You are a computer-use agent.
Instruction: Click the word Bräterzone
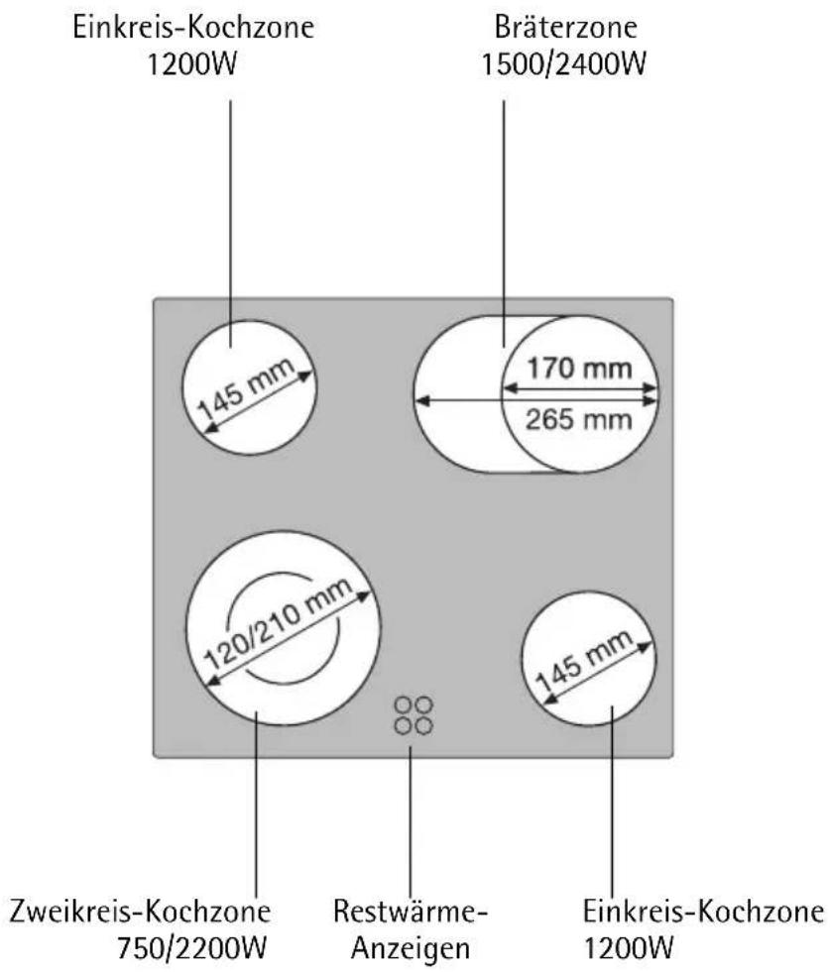pos(565,28)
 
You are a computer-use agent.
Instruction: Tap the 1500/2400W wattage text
pos(564,63)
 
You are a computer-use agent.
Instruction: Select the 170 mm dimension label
pos(579,369)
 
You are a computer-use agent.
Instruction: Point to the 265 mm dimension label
pos(579,420)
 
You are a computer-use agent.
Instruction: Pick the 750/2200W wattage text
pos(192,948)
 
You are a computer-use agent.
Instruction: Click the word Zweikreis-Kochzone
pos(140,912)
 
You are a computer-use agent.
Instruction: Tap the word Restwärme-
pos(411,912)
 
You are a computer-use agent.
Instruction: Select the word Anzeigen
pos(411,948)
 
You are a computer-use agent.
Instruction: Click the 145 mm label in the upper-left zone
pos(246,388)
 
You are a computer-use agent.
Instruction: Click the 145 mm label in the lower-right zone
pos(584,662)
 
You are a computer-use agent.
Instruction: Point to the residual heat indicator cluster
pos(414,715)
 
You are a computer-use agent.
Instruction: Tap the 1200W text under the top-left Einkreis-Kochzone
pos(192,63)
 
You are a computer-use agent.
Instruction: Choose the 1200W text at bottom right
pos(629,948)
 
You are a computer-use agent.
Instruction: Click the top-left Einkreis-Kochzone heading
pos(193,28)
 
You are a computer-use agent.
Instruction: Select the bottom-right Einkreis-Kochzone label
pos(703,912)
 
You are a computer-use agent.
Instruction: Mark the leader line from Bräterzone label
pos(504,224)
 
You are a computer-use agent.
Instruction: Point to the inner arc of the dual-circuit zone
pos(286,626)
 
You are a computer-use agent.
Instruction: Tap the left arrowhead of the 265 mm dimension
pos(421,401)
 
